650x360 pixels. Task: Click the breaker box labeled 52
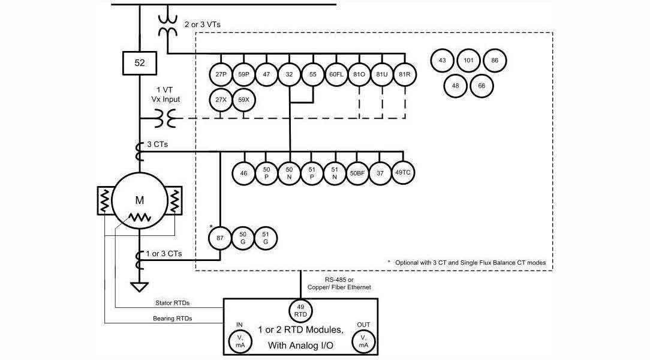pos(139,62)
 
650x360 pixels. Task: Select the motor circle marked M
pos(139,199)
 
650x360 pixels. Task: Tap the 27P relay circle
pos(219,74)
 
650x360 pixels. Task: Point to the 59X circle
pos(243,99)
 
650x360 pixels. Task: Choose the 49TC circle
pos(403,173)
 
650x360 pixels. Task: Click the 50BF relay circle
pos(357,173)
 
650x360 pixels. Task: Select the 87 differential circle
pos(220,238)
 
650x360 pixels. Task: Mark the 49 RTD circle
pos(300,310)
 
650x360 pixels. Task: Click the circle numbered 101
pos(468,61)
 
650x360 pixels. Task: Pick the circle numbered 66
pos(482,86)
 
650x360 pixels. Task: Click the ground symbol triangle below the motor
pos(139,286)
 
